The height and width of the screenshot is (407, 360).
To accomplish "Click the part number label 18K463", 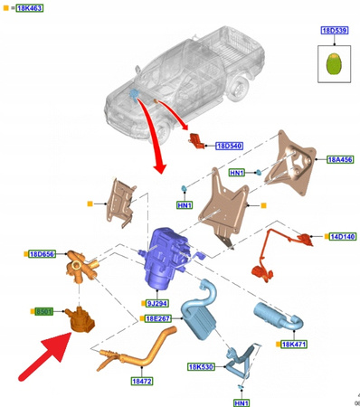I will point(30,8).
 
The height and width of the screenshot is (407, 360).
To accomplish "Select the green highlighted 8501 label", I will point(43,312).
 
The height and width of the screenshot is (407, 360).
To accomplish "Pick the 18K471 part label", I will point(296,345).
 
